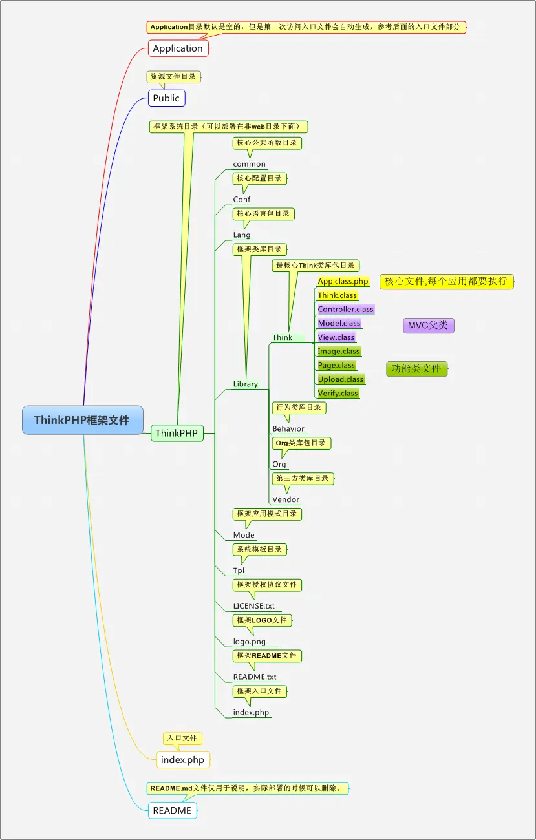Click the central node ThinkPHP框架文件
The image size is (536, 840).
(x=82, y=420)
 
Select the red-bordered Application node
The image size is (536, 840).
(x=178, y=48)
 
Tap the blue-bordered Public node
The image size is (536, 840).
(x=166, y=98)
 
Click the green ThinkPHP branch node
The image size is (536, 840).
(x=177, y=433)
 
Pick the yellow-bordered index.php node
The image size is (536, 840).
(x=182, y=760)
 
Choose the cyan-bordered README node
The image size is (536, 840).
(x=172, y=810)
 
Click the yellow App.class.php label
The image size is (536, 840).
(x=343, y=282)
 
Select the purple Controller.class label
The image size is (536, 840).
(x=345, y=310)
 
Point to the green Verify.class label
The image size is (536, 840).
(x=338, y=393)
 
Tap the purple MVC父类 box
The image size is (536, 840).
(x=428, y=325)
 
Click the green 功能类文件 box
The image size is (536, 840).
(x=416, y=368)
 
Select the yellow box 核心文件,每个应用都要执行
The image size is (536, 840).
(x=446, y=281)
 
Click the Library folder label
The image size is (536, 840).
(x=246, y=384)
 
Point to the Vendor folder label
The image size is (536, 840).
(x=286, y=499)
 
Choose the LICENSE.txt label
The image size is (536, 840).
(x=253, y=606)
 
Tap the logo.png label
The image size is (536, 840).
(x=249, y=642)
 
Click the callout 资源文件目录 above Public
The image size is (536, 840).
(x=173, y=76)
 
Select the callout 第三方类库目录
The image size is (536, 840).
(x=302, y=479)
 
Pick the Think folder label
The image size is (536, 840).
(x=283, y=337)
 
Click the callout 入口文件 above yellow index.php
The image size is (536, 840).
(x=182, y=738)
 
